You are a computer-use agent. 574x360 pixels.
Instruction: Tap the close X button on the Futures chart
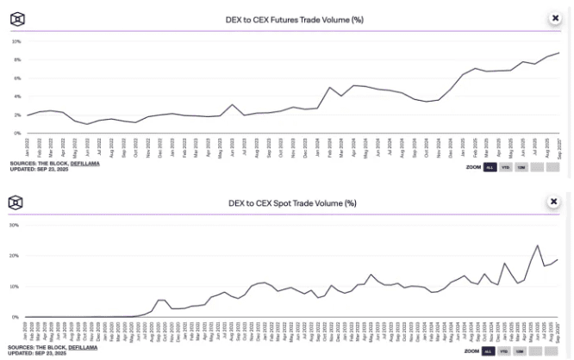click(554, 17)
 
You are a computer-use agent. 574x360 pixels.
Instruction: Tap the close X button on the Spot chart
click(554, 201)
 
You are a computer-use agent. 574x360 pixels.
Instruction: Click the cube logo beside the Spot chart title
click(16, 202)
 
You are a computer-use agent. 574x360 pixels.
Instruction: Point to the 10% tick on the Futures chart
click(16, 41)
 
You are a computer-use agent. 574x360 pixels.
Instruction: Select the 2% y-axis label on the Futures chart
click(16, 115)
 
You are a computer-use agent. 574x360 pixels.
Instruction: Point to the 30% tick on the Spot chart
click(15, 225)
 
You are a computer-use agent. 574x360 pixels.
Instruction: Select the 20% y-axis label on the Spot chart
click(15, 256)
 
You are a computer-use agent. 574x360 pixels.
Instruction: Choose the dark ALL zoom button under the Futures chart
click(489, 167)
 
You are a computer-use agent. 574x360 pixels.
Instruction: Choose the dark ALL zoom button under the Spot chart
click(489, 351)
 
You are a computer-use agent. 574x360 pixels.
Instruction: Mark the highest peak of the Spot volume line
click(538, 245)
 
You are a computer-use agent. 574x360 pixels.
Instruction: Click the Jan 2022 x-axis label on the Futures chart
click(28, 143)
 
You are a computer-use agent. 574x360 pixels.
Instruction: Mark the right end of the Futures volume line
click(559, 53)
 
